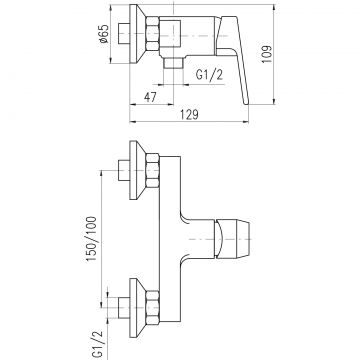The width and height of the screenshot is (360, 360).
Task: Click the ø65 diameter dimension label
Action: tap(104, 34)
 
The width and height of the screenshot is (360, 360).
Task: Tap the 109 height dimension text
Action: tap(267, 54)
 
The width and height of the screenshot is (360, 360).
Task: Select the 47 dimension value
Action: tap(150, 97)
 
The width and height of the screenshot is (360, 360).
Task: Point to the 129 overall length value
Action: tap(189, 114)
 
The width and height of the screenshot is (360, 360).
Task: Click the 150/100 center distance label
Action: tap(92, 239)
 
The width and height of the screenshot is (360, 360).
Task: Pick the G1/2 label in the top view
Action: tap(209, 76)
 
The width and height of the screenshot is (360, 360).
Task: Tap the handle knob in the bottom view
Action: tap(232, 239)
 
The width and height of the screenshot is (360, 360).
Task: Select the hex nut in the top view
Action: tap(152, 34)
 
